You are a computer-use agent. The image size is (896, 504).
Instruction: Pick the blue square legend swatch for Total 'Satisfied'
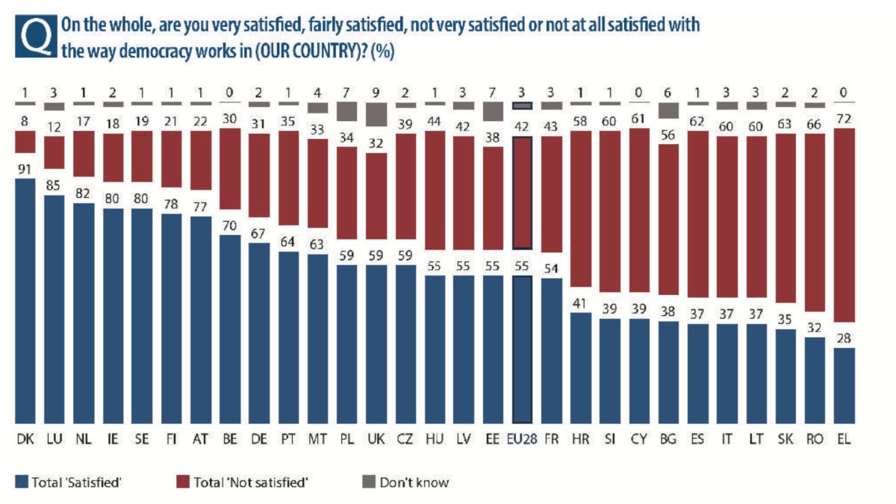21,482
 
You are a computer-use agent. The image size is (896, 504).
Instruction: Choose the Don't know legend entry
414,482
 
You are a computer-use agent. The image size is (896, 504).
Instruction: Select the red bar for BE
230,169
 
